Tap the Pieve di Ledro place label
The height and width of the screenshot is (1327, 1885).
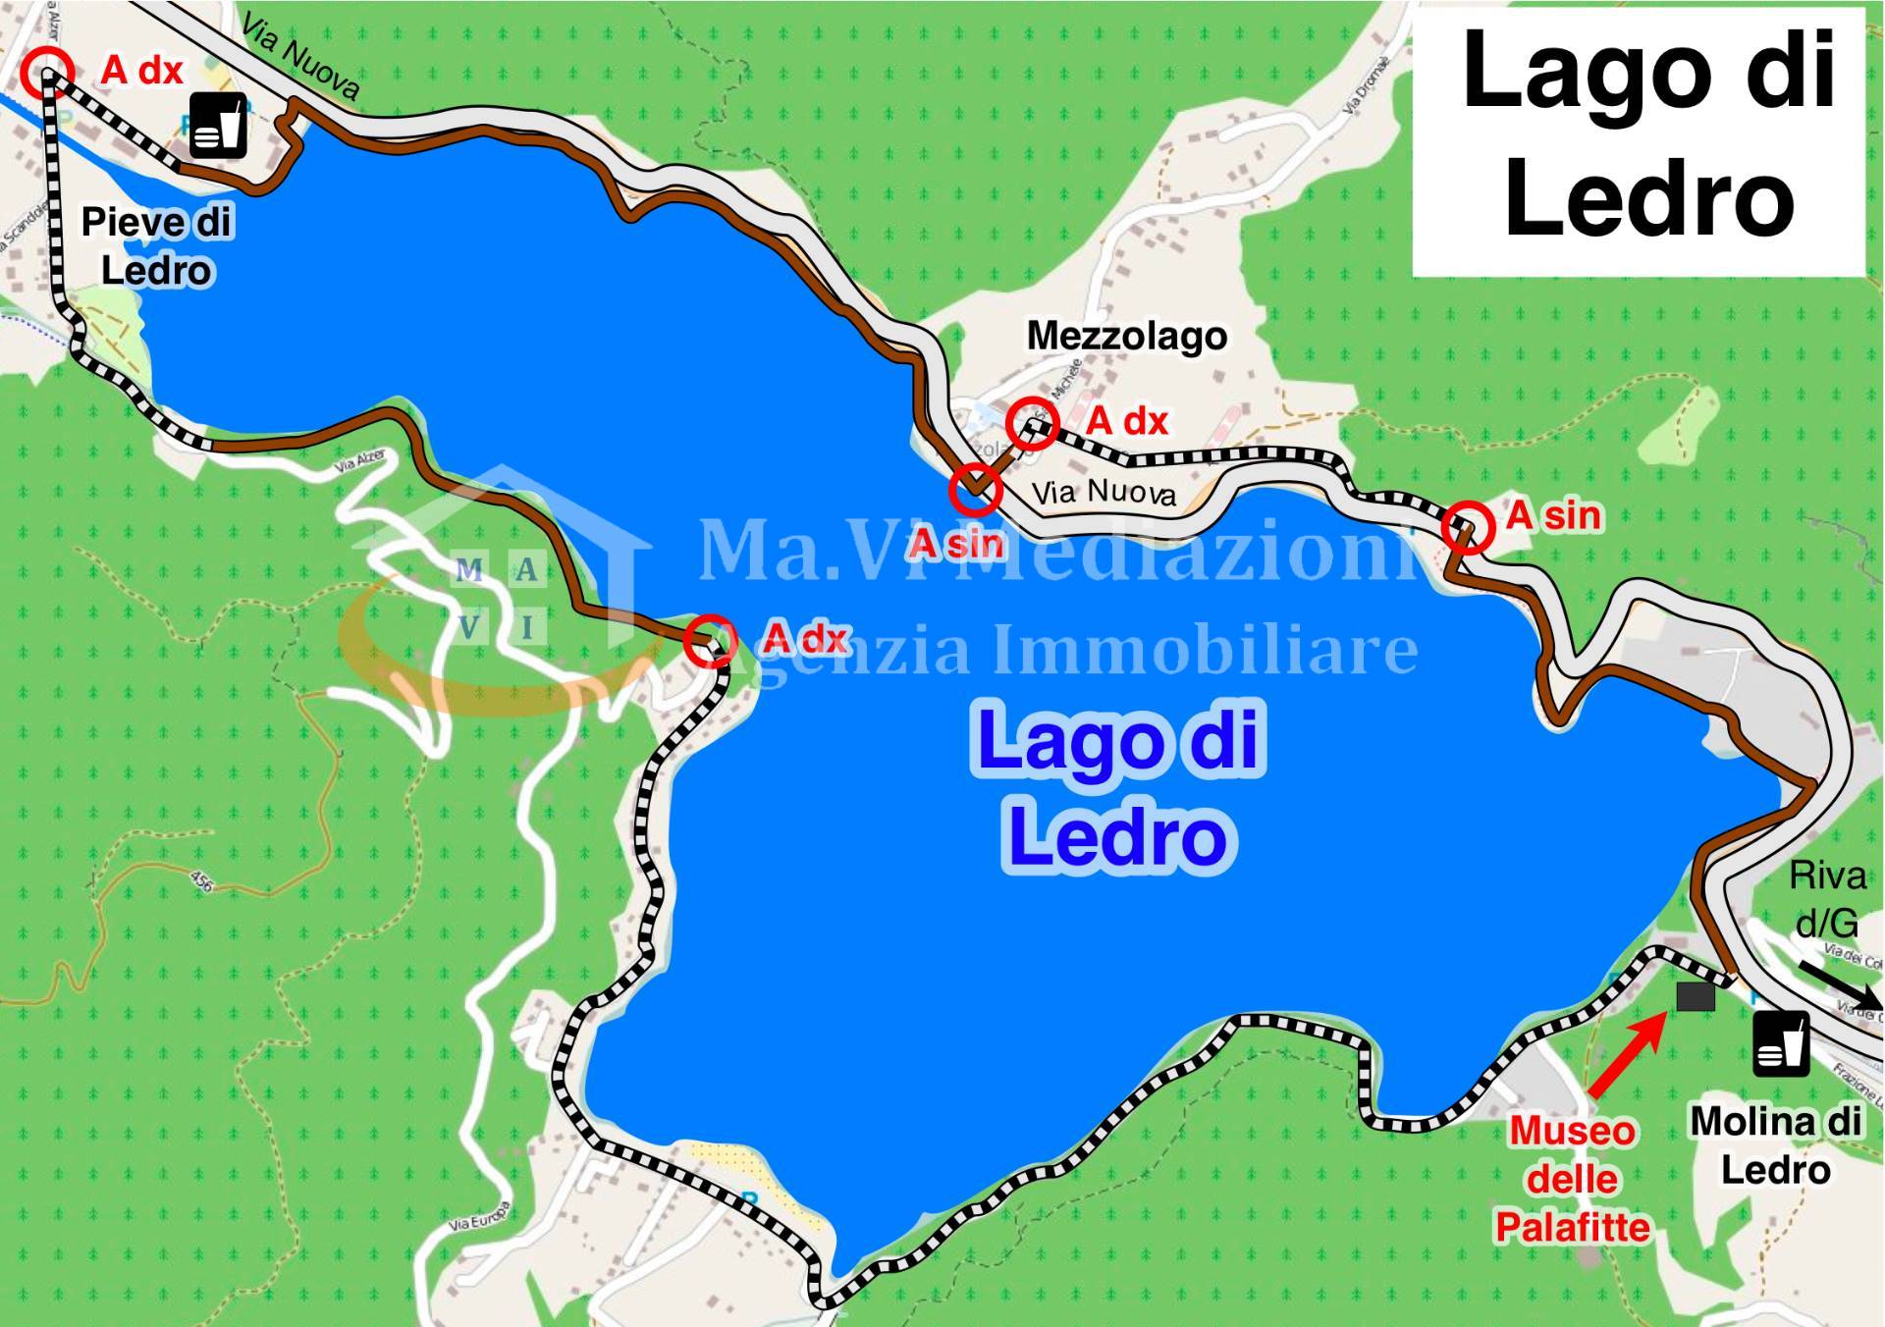(x=156, y=245)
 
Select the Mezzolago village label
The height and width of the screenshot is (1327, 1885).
(x=1126, y=337)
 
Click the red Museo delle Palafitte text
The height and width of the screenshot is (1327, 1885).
(x=1572, y=1179)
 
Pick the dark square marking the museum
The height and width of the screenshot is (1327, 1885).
(x=1696, y=997)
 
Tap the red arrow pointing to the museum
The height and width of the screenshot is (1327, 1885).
(x=1625, y=1056)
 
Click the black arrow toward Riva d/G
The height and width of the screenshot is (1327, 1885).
(x=1841, y=987)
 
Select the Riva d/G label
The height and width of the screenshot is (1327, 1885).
(x=1827, y=898)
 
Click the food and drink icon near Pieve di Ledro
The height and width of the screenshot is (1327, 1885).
(x=218, y=126)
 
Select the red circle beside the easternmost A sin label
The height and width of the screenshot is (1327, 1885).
(x=1468, y=526)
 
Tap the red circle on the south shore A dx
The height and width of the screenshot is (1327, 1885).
(x=709, y=641)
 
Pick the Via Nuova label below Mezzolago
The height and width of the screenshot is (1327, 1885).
(x=1104, y=491)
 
